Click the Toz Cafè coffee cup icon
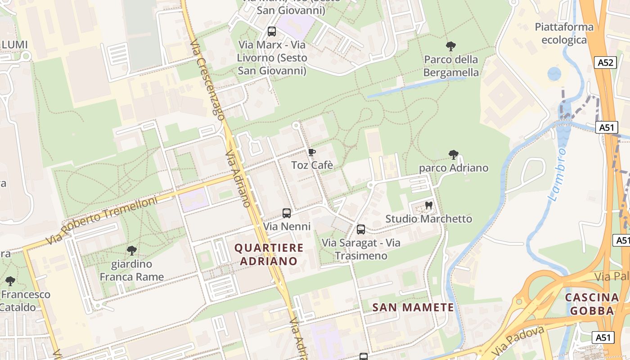click(x=312, y=152)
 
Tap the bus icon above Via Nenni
click(x=287, y=213)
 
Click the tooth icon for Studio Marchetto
click(x=428, y=205)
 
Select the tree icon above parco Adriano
click(x=453, y=155)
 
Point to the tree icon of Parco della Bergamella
click(x=450, y=46)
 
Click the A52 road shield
click(x=605, y=63)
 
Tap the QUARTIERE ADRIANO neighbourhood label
click(x=269, y=254)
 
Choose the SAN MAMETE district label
click(x=413, y=308)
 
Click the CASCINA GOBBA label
click(x=592, y=304)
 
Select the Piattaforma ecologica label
click(x=564, y=34)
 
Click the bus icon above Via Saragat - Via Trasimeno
click(x=360, y=229)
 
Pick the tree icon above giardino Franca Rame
click(x=131, y=251)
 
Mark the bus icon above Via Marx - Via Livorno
click(x=272, y=31)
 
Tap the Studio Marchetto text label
click(x=428, y=219)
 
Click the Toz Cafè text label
click(x=312, y=165)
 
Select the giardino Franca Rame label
click(x=131, y=270)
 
